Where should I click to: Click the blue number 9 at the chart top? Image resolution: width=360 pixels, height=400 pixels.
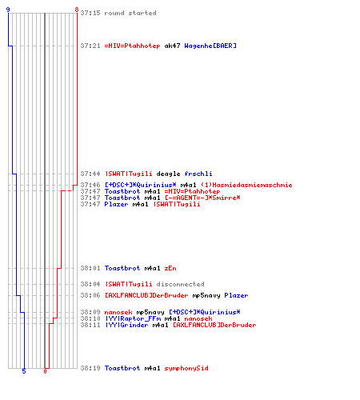point(8,10)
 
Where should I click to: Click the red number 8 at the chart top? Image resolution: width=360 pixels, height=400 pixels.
point(77,10)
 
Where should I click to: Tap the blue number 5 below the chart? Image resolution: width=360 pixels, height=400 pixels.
point(24,371)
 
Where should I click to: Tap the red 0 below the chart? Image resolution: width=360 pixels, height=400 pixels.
point(45,371)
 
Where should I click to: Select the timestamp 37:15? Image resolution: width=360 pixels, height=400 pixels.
point(90,13)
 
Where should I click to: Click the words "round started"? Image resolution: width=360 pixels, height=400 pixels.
point(130,13)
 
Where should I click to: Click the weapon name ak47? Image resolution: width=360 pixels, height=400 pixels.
point(172,46)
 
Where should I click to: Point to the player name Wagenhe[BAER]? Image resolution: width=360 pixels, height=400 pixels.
point(210,46)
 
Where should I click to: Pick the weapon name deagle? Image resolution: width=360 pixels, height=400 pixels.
point(168,174)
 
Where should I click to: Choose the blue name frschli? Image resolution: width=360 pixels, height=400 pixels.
point(198,174)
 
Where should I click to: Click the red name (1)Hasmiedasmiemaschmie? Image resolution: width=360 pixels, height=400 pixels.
point(246,185)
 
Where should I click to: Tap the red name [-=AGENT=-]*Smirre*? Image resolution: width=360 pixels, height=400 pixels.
point(202,198)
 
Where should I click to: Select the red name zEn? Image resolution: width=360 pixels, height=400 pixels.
point(170,268)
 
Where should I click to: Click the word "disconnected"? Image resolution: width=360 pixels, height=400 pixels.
point(180,284)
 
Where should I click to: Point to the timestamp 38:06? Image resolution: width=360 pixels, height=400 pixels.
point(90,295)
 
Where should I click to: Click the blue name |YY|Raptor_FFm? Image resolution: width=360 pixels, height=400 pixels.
point(133,318)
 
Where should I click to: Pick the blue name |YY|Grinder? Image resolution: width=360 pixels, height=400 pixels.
point(127,325)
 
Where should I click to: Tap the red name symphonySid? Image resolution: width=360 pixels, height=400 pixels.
point(186,368)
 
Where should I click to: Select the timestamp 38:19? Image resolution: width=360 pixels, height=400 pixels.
point(90,368)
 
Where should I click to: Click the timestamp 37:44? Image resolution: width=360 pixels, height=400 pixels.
point(90,174)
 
